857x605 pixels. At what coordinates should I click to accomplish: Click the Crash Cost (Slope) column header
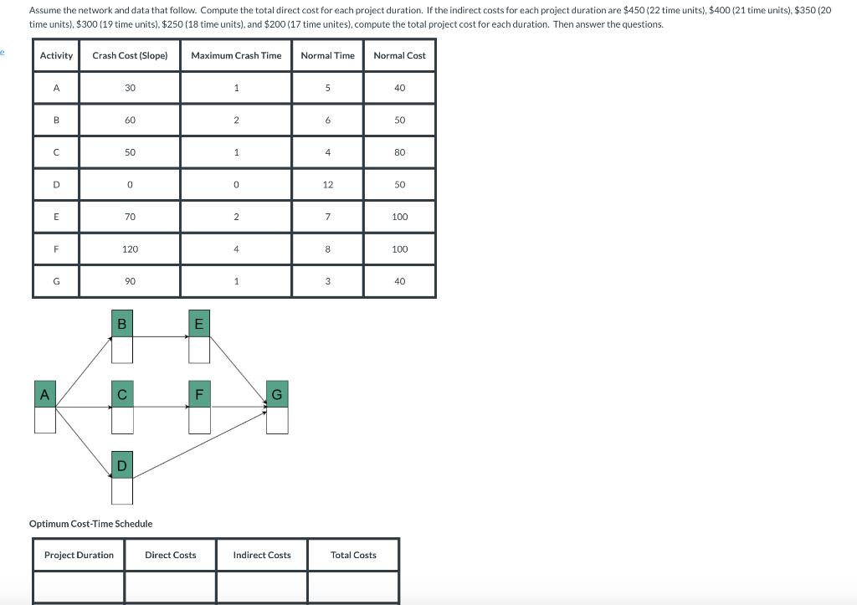[130, 55]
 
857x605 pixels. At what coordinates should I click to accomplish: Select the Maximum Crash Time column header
[236, 55]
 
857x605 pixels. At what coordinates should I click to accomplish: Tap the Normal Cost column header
[399, 55]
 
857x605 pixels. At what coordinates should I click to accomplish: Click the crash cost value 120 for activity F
[130, 249]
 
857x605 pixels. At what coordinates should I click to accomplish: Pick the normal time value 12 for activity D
[327, 184]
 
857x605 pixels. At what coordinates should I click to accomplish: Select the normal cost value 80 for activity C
[399, 152]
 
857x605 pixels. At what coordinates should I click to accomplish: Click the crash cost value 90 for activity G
[130, 282]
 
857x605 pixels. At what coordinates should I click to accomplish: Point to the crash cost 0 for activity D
[130, 184]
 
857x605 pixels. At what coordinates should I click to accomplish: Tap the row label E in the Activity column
[56, 217]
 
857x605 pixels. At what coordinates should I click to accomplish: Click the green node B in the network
[121, 324]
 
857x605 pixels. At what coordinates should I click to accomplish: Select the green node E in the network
[198, 324]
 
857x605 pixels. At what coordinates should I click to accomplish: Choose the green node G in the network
[277, 394]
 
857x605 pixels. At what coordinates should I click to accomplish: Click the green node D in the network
[121, 465]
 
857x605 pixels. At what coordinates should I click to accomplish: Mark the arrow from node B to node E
[160, 336]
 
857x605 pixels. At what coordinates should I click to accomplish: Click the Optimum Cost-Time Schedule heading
[90, 524]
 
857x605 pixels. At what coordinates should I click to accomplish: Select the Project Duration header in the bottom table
[79, 555]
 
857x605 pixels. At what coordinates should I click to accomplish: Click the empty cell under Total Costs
[353, 587]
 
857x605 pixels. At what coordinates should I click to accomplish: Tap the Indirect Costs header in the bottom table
[262, 555]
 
